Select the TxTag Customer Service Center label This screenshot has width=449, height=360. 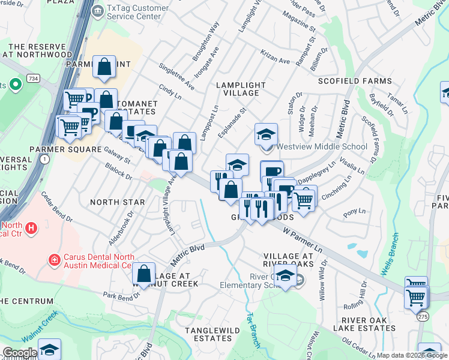tap(134, 12)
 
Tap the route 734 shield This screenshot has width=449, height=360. tap(33, 79)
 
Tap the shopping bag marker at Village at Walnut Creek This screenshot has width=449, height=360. tap(144, 274)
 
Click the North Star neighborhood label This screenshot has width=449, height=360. tap(118, 202)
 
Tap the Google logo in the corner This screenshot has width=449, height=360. tap(19, 353)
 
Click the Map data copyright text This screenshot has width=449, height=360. tap(412, 355)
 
